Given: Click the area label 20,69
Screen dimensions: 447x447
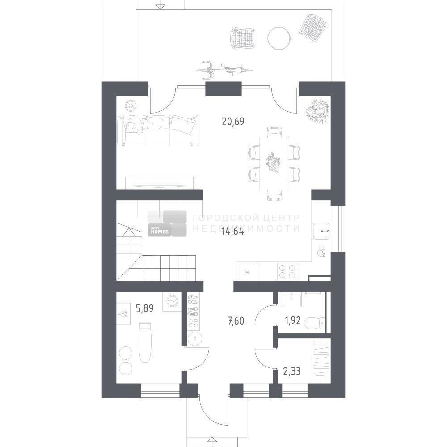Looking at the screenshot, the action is (x=233, y=122).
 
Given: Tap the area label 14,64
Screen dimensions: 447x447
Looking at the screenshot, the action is (x=232, y=232).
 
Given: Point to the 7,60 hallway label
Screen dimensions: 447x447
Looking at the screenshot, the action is (x=236, y=321).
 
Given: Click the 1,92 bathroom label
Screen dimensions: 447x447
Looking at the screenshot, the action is (x=292, y=320).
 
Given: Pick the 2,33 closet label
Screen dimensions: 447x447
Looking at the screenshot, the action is (x=292, y=371).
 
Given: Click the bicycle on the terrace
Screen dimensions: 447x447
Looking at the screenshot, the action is (x=225, y=70).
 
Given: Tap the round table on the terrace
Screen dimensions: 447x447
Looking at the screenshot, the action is (x=279, y=38).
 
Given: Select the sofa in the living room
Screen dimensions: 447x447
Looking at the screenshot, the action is (x=157, y=131).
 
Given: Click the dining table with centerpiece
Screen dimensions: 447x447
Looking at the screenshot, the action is (x=274, y=164).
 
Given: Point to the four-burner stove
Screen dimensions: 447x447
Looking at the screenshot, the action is (x=287, y=271).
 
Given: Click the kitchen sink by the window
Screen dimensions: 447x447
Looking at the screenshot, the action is (x=321, y=231).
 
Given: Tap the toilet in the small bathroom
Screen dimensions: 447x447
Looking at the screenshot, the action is (x=314, y=323).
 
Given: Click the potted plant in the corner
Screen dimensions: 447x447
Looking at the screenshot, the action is (x=317, y=110).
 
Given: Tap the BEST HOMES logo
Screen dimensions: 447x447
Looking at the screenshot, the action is (x=167, y=223).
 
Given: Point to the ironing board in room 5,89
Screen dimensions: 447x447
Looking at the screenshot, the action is (x=145, y=342).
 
